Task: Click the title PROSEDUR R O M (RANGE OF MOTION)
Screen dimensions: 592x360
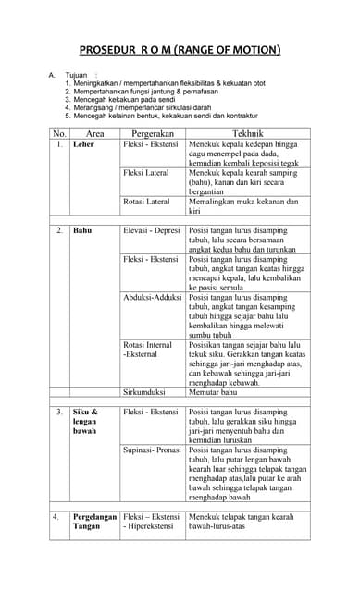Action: coord(180,50)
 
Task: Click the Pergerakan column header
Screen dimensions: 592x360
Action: coord(152,134)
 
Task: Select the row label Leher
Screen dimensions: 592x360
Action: coord(83,145)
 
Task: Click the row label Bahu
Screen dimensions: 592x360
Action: coord(82,229)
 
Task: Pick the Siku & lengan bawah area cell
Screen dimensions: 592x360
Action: coord(85,421)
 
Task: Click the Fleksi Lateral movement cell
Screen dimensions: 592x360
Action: coord(146,173)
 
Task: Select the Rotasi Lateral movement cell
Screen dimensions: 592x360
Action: coord(146,201)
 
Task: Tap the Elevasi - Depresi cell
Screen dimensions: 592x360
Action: coord(152,229)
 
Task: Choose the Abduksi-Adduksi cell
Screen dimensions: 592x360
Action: coord(153,298)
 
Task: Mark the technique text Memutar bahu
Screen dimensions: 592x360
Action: coord(213,392)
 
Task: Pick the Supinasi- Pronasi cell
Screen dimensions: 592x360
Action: coord(153,450)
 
